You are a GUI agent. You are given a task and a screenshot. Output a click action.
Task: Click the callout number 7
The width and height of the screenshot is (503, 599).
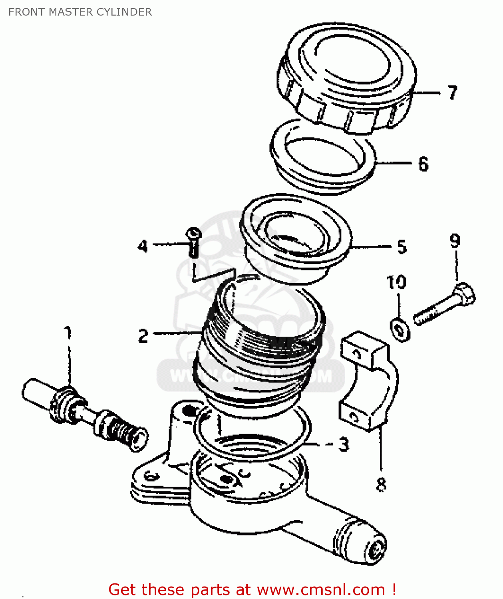point(452,93)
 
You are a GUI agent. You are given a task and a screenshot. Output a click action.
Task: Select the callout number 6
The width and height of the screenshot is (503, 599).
point(423,164)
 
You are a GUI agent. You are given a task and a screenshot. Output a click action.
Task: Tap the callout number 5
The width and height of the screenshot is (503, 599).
point(402,247)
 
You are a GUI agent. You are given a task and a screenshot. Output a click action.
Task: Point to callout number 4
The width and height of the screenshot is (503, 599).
point(143,246)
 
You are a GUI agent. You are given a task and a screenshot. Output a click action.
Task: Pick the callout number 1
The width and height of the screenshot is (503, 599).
point(68,332)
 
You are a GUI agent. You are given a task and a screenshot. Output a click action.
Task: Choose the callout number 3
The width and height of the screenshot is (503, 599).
point(344,444)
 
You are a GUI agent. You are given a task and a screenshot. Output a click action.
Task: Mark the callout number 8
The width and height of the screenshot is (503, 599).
point(381,484)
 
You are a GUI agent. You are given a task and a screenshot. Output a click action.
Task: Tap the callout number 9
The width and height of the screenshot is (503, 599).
point(455,240)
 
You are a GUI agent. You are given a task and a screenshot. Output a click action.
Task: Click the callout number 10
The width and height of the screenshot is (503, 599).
point(396,282)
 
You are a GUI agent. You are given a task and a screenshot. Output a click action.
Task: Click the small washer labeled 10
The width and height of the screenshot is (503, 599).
point(400,329)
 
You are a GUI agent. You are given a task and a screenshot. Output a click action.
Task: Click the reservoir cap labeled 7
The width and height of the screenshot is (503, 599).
point(347,78)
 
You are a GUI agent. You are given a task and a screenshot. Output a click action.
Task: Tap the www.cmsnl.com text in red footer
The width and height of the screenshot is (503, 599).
point(321,589)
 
